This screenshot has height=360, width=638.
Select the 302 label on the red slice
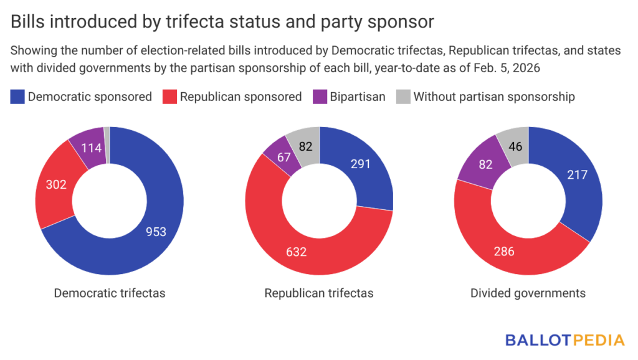(x=56, y=184)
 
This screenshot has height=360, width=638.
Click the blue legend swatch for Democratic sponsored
(x=17, y=97)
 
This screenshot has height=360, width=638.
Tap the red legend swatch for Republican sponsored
(x=169, y=97)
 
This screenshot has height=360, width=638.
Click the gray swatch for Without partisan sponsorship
(x=403, y=97)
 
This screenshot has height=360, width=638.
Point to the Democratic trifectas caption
(x=110, y=293)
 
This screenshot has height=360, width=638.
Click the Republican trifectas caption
(x=319, y=293)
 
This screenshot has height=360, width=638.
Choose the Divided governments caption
(x=528, y=293)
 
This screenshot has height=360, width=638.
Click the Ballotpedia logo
(x=564, y=340)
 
